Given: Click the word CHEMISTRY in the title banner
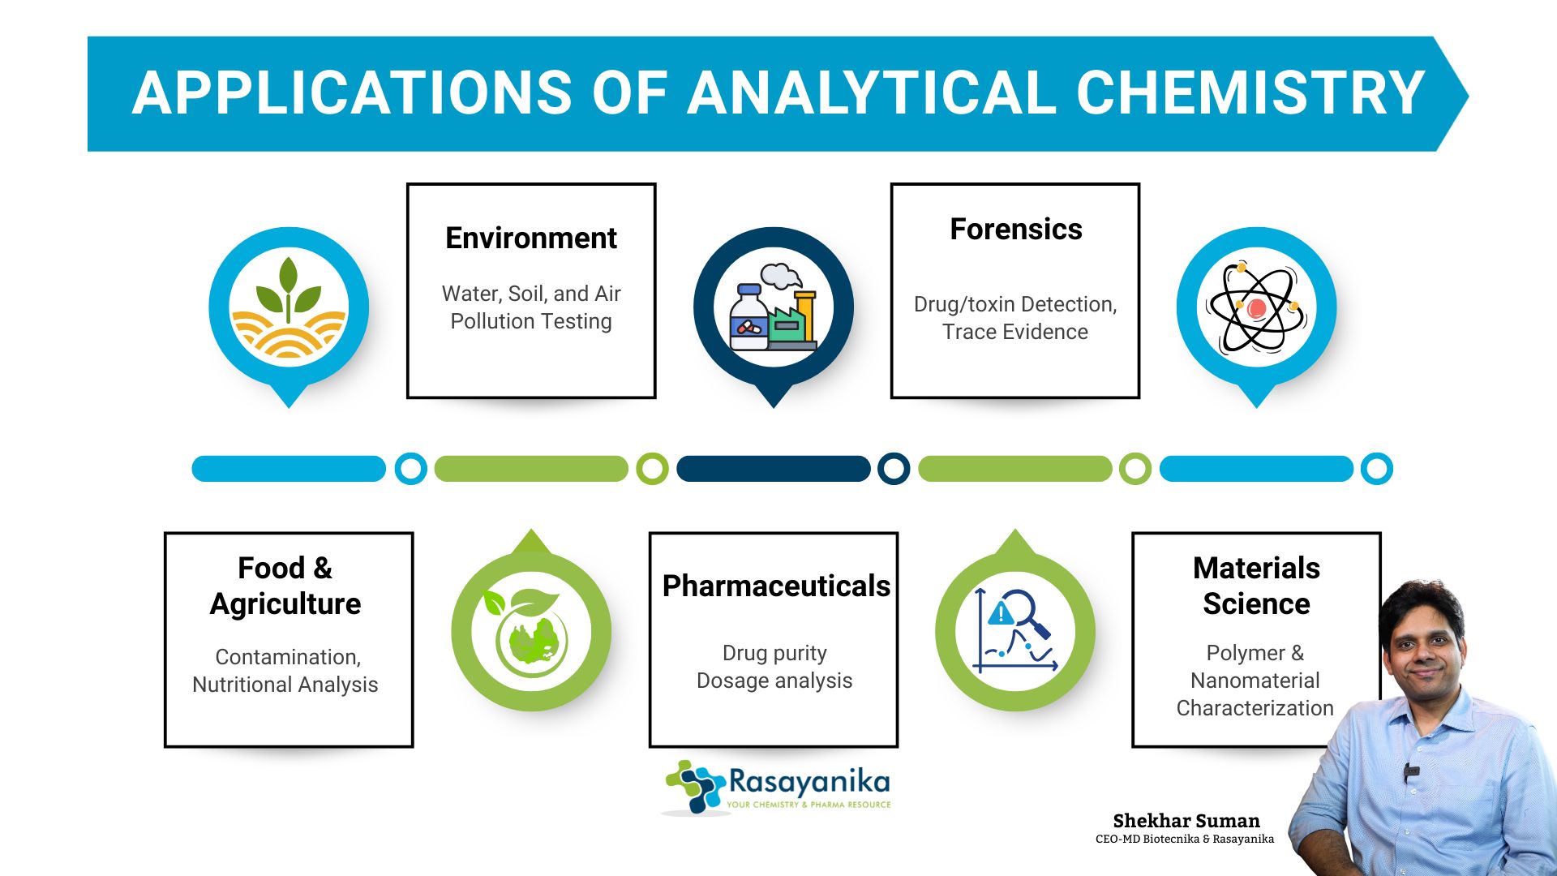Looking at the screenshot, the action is (x=1250, y=92).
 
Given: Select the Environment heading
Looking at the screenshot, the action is (x=531, y=238).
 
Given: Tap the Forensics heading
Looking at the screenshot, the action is (x=1015, y=230).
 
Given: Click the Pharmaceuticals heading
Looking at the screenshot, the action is (x=776, y=586).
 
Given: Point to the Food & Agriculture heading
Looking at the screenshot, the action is (x=285, y=586).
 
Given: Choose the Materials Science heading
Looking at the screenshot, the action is (x=1256, y=586).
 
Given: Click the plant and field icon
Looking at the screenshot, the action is (x=289, y=308).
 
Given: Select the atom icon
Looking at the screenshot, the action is (x=1256, y=307).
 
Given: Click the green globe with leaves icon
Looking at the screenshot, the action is (x=530, y=632).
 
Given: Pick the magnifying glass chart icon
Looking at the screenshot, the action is (x=1015, y=630).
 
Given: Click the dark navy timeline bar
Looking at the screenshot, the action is (x=774, y=469).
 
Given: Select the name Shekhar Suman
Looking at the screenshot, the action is (x=1186, y=821).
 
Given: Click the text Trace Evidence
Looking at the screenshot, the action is (x=1015, y=332).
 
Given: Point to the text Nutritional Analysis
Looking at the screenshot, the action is (x=285, y=685).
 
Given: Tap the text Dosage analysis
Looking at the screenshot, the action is (x=774, y=681).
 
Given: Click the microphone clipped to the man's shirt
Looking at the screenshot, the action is (x=1411, y=771).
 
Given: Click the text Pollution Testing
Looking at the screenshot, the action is (x=531, y=322).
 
